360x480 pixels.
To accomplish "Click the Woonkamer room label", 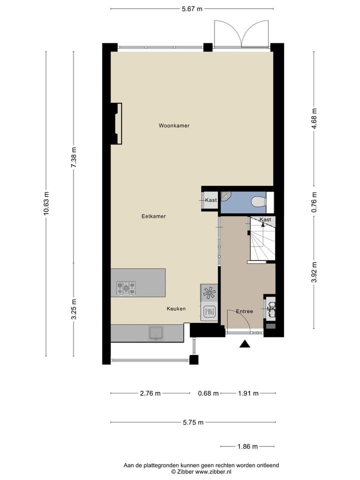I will coord(174,125).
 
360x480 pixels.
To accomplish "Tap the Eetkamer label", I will coord(153,216).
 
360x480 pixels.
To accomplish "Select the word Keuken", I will coord(176,309).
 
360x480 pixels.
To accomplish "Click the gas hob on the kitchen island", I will coord(126,288).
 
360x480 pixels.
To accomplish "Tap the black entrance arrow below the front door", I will coord(245,343).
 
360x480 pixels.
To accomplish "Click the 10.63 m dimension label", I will coord(46,204).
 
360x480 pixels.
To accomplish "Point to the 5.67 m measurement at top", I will coord(192,8).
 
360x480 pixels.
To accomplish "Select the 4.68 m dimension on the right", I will coord(314,118).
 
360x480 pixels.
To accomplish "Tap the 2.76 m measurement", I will coord(150,393).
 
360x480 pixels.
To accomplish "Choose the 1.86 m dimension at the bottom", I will coord(247,446).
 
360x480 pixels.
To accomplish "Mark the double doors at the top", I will coord(241,34).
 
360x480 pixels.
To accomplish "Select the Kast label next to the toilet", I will coord(210,200).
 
